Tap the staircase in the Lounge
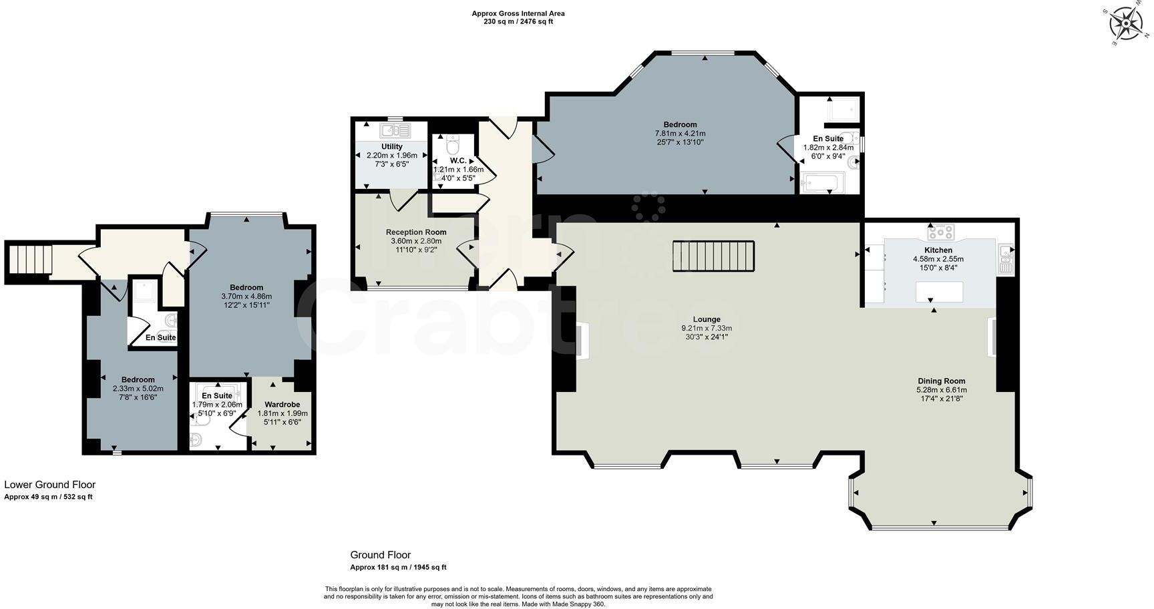[x=713, y=256]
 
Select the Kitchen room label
[x=938, y=250]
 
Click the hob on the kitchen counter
[x=940, y=232]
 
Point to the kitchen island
[x=939, y=292]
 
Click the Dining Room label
[x=941, y=381]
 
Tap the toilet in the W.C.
[x=453, y=145]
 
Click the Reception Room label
[x=416, y=232]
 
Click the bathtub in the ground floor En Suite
[x=823, y=182]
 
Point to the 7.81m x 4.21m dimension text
[x=680, y=134]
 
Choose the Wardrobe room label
[x=282, y=405]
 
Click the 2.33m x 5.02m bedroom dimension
[x=138, y=389]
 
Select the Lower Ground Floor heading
[x=50, y=485]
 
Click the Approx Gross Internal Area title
[x=518, y=13]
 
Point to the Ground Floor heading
[x=380, y=555]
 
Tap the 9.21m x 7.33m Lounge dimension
[x=706, y=329]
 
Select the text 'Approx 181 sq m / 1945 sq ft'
[x=398, y=568]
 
